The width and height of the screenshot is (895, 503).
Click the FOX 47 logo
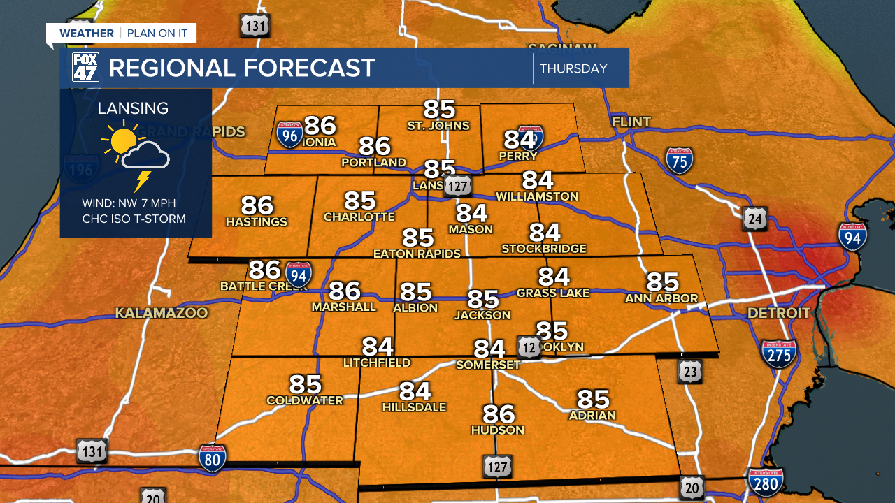(86, 68)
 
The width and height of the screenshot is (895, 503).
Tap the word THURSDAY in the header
(573, 68)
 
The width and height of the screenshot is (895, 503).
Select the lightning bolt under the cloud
(143, 181)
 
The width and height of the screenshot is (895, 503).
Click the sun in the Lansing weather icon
(122, 140)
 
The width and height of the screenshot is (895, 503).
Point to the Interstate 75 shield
(679, 161)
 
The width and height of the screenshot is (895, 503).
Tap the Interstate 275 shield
(779, 354)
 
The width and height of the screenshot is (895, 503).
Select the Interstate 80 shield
(212, 459)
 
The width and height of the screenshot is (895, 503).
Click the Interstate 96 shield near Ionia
(289, 133)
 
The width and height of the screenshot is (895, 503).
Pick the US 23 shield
(689, 372)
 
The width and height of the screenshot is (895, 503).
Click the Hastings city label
(257, 222)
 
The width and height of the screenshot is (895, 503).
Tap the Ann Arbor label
(661, 298)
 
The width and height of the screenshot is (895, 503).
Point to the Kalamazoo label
(162, 313)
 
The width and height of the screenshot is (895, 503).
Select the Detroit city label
(778, 312)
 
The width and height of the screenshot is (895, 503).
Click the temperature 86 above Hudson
(499, 414)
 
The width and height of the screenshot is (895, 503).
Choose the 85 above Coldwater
(306, 384)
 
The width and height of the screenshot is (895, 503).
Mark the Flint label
(631, 122)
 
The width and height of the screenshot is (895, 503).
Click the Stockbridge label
(544, 248)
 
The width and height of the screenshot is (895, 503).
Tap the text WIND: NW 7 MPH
(129, 203)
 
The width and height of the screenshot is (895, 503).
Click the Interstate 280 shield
(766, 482)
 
